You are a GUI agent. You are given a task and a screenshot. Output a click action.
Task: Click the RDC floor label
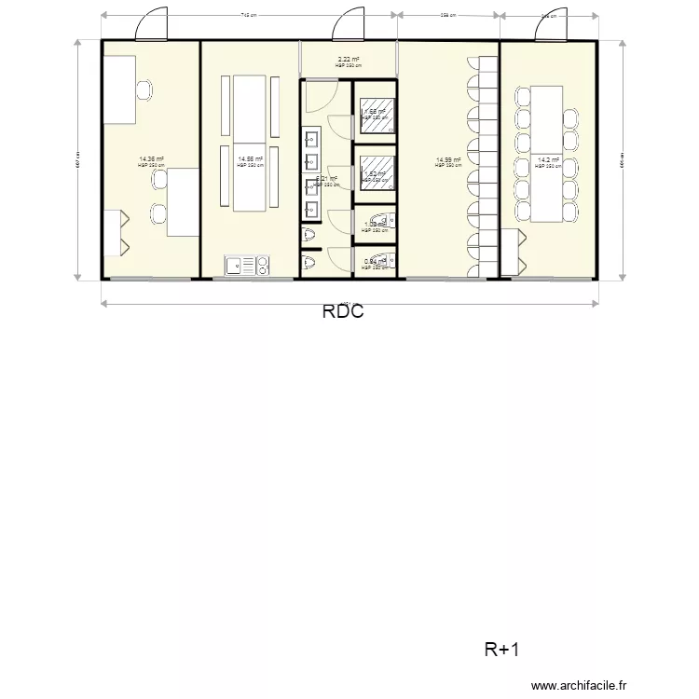[x=342, y=312]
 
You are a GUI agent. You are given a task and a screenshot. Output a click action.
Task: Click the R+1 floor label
[x=501, y=649]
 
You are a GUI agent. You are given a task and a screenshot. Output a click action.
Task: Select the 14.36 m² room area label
[x=151, y=160]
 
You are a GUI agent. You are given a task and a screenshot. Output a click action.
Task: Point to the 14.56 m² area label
[x=250, y=160]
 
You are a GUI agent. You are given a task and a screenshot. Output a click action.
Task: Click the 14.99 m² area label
[x=448, y=160]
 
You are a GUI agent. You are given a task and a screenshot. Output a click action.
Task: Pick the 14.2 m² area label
[x=548, y=160]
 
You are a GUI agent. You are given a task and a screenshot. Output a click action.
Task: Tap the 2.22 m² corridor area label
[x=348, y=60]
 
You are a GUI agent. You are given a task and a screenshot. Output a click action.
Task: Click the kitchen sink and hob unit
[x=247, y=266]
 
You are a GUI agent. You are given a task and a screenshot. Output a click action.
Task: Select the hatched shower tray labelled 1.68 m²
[x=375, y=115]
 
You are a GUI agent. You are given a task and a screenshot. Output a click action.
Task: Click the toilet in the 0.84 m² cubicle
[x=383, y=263]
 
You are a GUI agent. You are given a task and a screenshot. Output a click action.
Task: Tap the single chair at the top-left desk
[x=144, y=89]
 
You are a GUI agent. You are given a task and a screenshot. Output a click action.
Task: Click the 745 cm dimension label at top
[x=249, y=15]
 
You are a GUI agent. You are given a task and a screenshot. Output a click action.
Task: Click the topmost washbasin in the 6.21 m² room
[x=311, y=140]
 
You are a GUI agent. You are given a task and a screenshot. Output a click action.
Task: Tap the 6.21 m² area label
[x=326, y=180]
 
